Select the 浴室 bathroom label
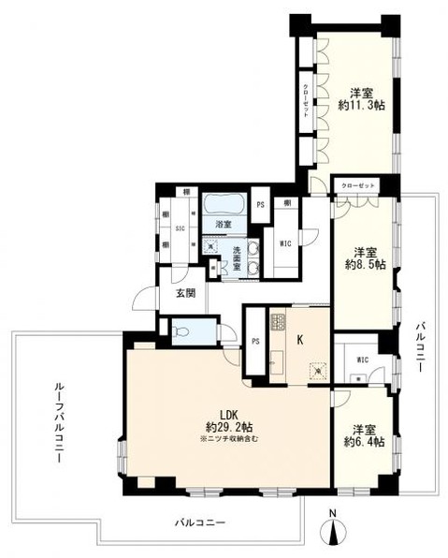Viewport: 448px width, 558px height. click(222, 225)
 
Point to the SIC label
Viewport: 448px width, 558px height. click(179, 227)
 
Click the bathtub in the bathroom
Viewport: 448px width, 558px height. click(223, 203)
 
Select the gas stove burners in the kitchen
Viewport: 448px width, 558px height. click(277, 323)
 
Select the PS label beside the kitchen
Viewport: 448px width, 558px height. click(255, 341)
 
